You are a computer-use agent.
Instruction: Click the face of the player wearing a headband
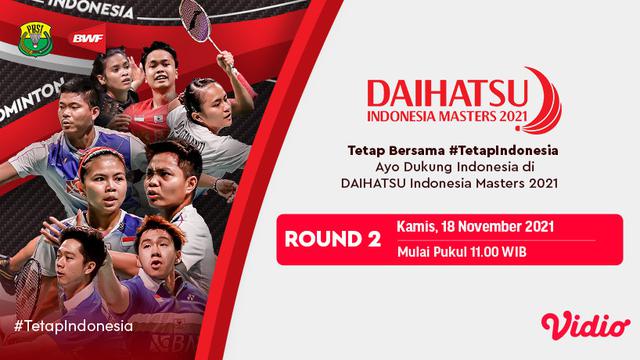pyautogui.click(x=113, y=75)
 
